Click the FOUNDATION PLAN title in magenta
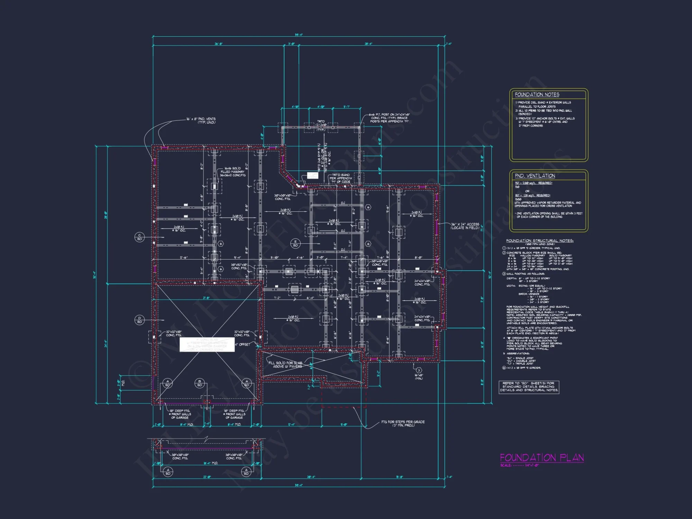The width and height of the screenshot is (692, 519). click(542, 458)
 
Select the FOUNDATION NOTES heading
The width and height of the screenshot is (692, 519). click(537, 94)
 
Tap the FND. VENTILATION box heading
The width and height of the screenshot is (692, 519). click(535, 176)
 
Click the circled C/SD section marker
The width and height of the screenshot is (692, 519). click(139, 237)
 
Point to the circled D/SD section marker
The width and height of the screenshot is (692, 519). click(139, 320)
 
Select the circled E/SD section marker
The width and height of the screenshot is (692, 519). click(295, 243)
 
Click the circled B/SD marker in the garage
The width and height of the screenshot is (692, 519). click(200, 383)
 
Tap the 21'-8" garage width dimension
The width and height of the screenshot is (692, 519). click(206, 298)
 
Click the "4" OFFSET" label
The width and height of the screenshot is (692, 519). click(243, 345)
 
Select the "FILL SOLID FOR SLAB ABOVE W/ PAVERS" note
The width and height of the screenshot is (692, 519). click(286, 365)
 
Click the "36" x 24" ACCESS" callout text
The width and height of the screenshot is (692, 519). click(465, 226)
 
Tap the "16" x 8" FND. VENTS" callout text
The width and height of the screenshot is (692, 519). click(201, 120)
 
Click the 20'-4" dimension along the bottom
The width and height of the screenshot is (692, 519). click(311, 477)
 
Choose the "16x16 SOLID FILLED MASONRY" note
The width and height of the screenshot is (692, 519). click(233, 172)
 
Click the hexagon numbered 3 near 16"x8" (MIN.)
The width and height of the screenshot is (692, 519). click(418, 370)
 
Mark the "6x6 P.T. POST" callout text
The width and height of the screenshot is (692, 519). click(389, 118)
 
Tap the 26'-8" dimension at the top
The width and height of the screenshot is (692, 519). click(218, 44)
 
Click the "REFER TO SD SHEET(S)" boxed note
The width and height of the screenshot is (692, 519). click(529, 387)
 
